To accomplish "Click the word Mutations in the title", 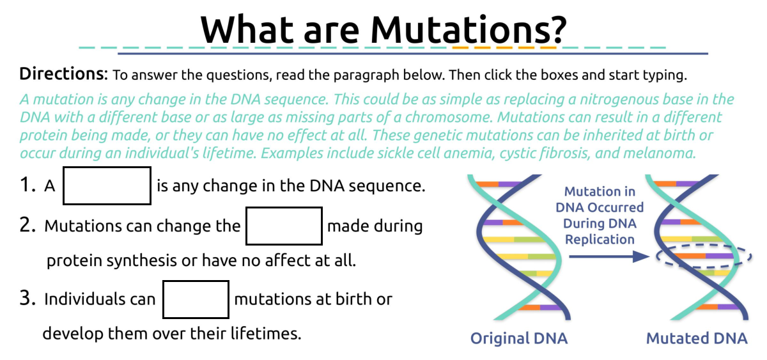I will [469, 28].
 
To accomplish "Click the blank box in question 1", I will [107, 185].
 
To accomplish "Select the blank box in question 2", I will [284, 226].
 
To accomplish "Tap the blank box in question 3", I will [196, 299].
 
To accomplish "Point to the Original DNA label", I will [518, 338].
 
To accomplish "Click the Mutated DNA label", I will [696, 338].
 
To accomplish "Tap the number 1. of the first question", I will [28, 185].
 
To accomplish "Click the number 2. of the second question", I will [29, 226].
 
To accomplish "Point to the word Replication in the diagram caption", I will [600, 240].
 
